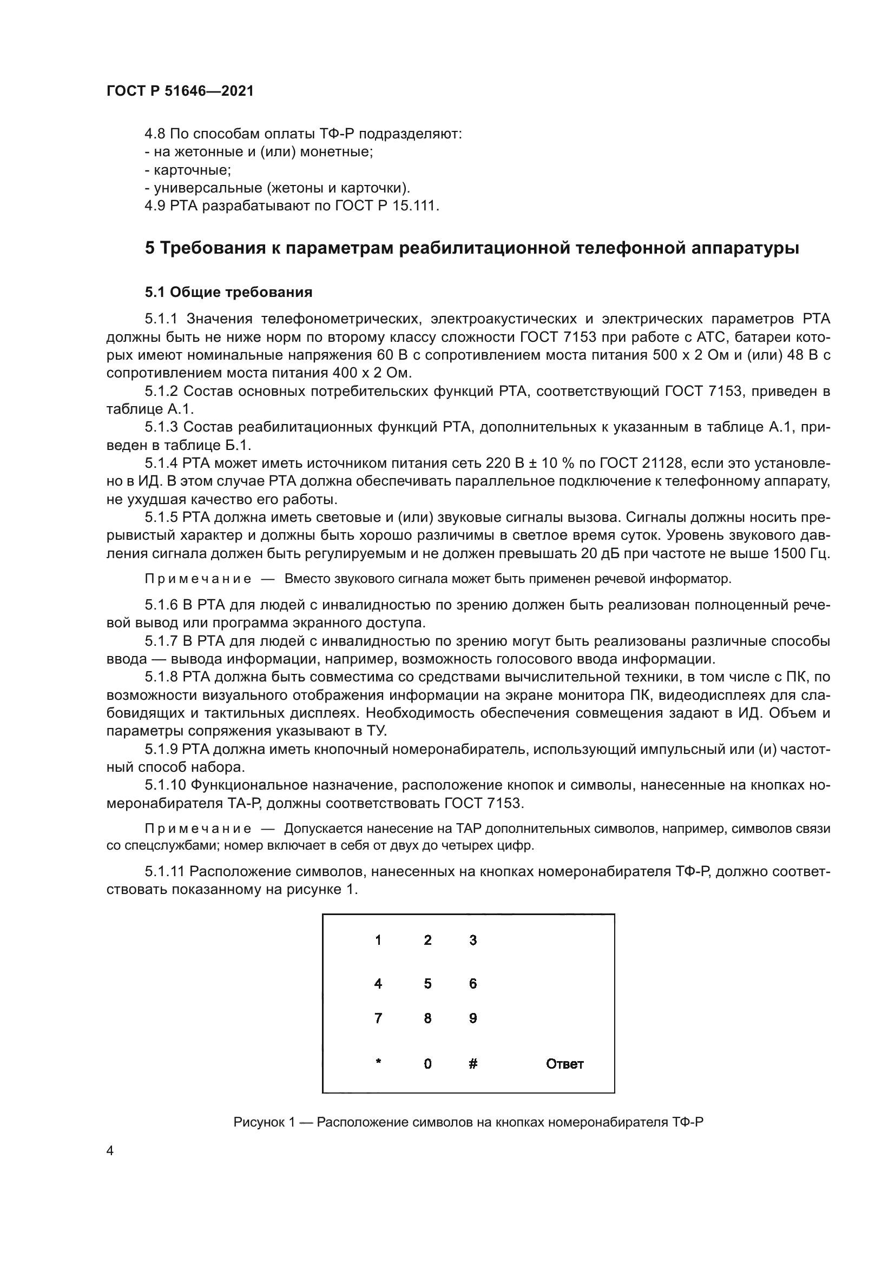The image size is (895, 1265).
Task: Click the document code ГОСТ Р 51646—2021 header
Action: point(180,91)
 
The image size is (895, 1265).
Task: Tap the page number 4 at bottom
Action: point(110,1150)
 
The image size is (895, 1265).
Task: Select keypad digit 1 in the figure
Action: point(378,940)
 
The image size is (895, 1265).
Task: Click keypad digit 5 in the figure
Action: point(427,983)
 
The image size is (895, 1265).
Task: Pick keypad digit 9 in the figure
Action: point(473,1018)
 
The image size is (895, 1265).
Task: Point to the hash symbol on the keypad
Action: point(473,1064)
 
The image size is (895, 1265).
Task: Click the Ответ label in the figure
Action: point(564,1064)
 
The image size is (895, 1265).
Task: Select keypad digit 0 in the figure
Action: point(427,1064)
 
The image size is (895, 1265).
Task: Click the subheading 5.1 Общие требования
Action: point(229,292)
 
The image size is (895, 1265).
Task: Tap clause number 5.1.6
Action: point(161,605)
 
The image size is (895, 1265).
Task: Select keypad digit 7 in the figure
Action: point(378,1018)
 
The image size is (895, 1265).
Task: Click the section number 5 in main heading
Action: point(149,248)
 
